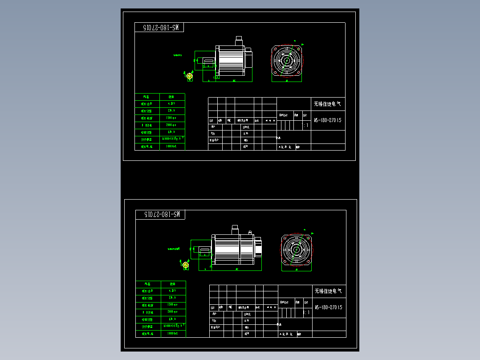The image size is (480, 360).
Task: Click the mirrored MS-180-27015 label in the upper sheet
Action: pos(159,27)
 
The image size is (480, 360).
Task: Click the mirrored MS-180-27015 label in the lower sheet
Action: pos(160,215)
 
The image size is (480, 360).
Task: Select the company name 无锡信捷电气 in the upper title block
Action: pos(327,104)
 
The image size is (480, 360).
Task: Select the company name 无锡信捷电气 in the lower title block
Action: pos(329,291)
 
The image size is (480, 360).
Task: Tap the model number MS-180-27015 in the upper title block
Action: pos(328,120)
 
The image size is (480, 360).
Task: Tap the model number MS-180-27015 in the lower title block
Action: pos(329,307)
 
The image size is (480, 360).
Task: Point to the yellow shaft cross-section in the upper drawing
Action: pos(189,77)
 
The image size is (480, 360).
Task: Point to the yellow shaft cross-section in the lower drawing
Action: pos(186,266)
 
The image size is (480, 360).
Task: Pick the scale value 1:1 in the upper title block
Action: pos(305,126)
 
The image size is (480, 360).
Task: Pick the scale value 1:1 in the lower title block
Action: pos(306,313)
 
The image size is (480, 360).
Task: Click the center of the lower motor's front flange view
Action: pos(296,250)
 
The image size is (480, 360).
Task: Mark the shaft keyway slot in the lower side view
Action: pos(204,250)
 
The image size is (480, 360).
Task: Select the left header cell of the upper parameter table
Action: pos(147,97)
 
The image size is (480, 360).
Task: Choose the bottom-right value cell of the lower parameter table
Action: pos(173,333)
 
